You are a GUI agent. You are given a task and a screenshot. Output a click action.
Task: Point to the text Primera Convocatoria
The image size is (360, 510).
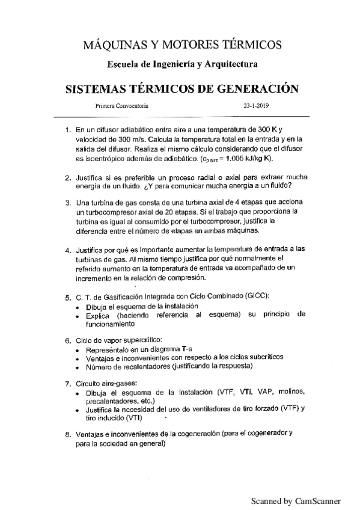pyautogui.click(x=122, y=105)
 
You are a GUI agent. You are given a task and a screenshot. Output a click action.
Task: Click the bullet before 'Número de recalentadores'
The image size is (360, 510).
pyautogui.click(x=79, y=367)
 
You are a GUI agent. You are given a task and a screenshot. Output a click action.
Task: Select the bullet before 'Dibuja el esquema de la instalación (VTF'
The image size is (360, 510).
pyautogui.click(x=79, y=392)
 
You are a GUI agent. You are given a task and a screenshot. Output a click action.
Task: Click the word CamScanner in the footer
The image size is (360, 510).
pyautogui.click(x=317, y=500)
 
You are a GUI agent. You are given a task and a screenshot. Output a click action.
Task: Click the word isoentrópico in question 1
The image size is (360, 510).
pyautogui.click(x=96, y=159)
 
